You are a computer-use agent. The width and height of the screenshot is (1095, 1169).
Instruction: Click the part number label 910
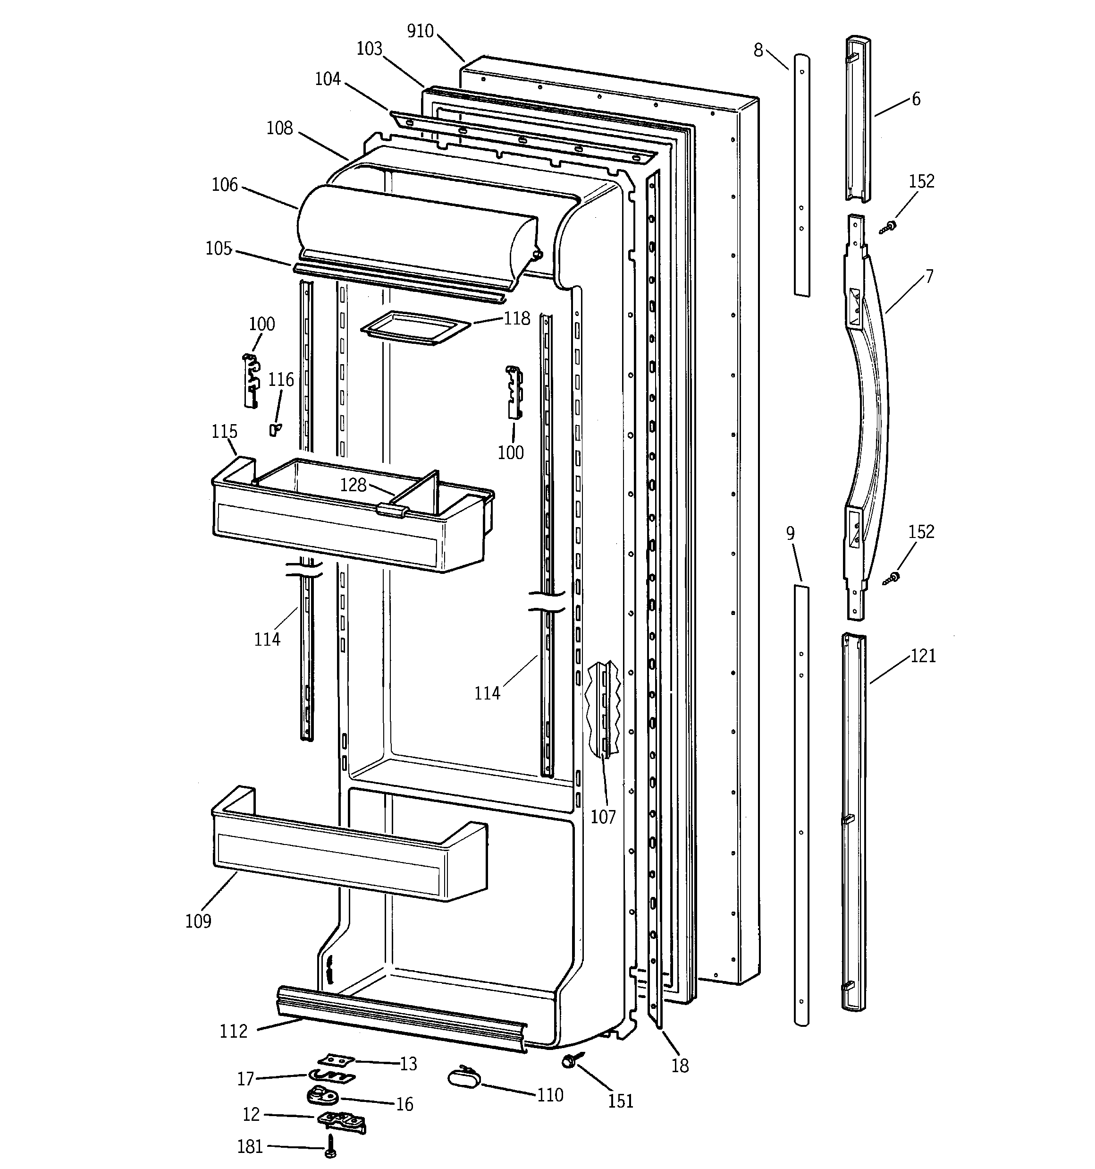[x=420, y=31]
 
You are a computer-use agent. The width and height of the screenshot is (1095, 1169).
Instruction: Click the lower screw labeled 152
[x=892, y=578]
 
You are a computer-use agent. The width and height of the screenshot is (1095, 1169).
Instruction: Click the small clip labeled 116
[x=274, y=429]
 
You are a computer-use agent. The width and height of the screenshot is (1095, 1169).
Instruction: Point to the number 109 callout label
[x=198, y=921]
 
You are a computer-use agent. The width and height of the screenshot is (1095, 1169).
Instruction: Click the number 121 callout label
[x=923, y=655]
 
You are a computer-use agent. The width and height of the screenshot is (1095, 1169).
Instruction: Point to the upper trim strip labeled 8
[x=802, y=176]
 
